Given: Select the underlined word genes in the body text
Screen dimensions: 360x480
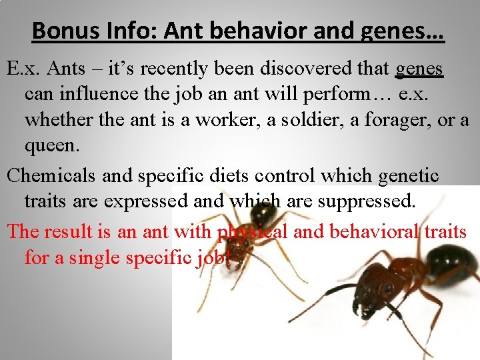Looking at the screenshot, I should pos(419,69).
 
